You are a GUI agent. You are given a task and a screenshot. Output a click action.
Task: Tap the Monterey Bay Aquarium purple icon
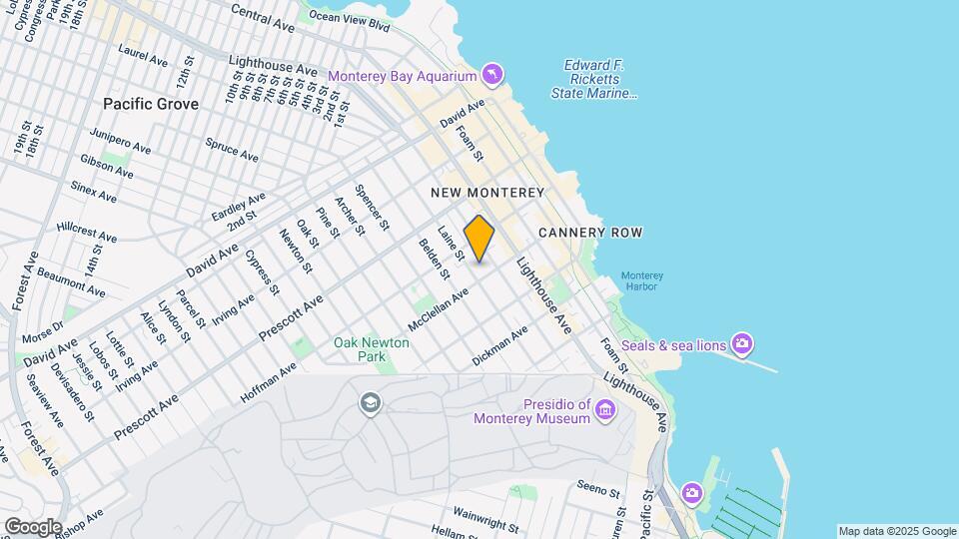pos(491,75)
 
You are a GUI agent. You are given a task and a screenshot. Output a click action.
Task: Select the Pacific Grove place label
pos(151,104)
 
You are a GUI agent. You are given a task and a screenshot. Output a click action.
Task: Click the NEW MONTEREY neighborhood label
pos(487,192)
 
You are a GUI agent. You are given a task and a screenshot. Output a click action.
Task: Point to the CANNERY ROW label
pos(589,233)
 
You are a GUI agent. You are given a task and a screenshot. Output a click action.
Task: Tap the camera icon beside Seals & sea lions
pos(741,345)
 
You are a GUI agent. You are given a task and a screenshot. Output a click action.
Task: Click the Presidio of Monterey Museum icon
pos(604,409)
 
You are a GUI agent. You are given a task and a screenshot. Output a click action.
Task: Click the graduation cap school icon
pos(371,402)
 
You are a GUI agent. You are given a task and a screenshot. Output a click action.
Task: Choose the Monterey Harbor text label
pos(641,281)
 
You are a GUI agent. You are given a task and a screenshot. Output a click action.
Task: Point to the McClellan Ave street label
pos(438,310)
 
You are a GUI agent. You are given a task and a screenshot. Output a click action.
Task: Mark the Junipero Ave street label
pos(120,141)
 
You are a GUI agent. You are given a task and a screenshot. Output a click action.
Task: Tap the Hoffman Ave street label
pos(269,383)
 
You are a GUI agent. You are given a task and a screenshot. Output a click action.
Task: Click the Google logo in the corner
pos(32,526)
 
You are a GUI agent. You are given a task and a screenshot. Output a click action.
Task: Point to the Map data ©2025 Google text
pos(897,531)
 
